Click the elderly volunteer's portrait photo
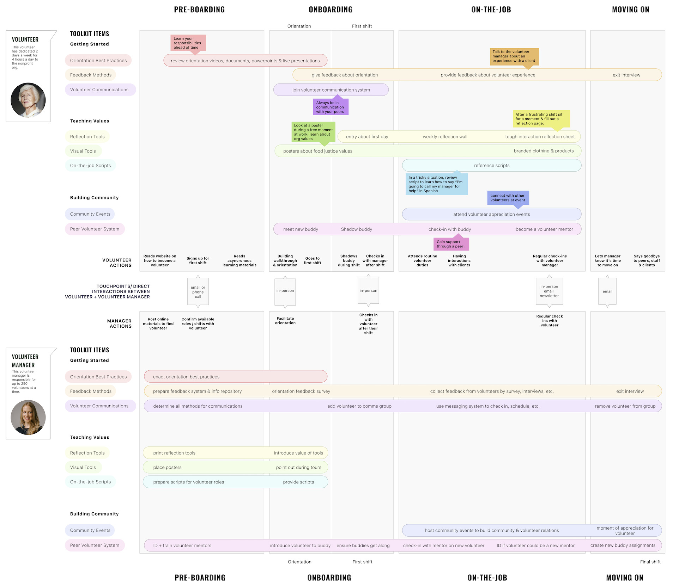click(28, 100)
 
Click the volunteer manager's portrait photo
click(28, 417)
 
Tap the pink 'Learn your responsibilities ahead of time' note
click(188, 43)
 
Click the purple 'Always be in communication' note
click(331, 107)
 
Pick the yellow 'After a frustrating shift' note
click(541, 119)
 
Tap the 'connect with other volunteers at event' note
click(508, 198)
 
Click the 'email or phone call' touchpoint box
click(198, 292)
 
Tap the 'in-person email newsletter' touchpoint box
click(549, 291)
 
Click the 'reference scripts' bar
click(492, 165)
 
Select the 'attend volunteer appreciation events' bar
click(492, 214)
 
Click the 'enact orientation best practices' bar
click(236, 376)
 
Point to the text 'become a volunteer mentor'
click(544, 229)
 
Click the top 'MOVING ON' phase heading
click(631, 10)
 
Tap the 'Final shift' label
click(650, 562)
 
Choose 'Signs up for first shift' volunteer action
click(198, 260)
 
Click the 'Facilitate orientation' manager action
click(285, 321)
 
